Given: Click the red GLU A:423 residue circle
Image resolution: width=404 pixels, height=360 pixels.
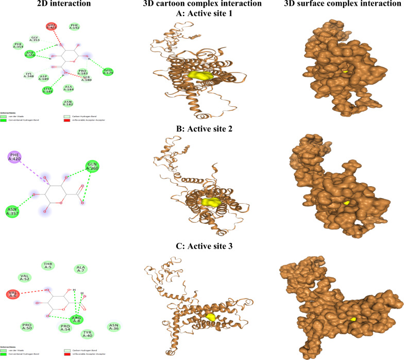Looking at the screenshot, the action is (x=52, y=26).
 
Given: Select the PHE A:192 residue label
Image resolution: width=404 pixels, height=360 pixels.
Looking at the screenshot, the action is (x=75, y=26).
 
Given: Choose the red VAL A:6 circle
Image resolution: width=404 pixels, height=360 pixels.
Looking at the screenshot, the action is (x=13, y=294).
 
